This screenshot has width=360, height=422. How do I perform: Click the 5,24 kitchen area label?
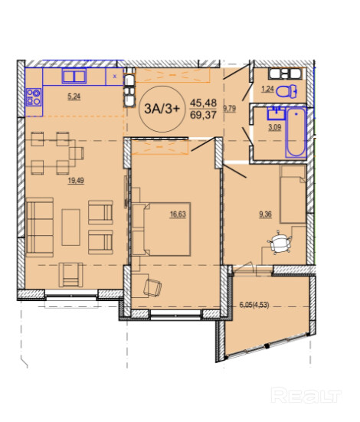coord(74,97)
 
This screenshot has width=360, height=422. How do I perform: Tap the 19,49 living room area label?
coord(76,181)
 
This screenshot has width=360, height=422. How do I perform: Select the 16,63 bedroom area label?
coord(178,214)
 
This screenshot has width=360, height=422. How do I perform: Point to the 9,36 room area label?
coord(265,214)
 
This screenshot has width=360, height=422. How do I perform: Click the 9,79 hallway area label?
coord(230,109)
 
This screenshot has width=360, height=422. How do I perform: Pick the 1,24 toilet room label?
coord(267,89)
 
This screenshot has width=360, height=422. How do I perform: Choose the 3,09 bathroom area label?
coord(274,127)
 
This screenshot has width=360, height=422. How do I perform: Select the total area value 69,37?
coord(203,115)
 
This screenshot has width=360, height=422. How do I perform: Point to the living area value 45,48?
coord(203,103)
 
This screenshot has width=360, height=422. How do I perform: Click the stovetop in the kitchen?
coord(34,97)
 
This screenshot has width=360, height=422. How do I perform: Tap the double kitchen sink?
coord(74,76)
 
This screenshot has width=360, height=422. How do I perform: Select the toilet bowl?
coord(286,91)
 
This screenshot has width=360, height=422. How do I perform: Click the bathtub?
coord(296,132)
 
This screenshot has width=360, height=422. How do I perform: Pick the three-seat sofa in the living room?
coord(40,227)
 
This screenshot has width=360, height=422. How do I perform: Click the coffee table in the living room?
coord(70,227)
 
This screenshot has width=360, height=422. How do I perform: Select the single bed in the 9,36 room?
coord(293,195)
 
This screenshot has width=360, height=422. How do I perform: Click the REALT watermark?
coord(306,395)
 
